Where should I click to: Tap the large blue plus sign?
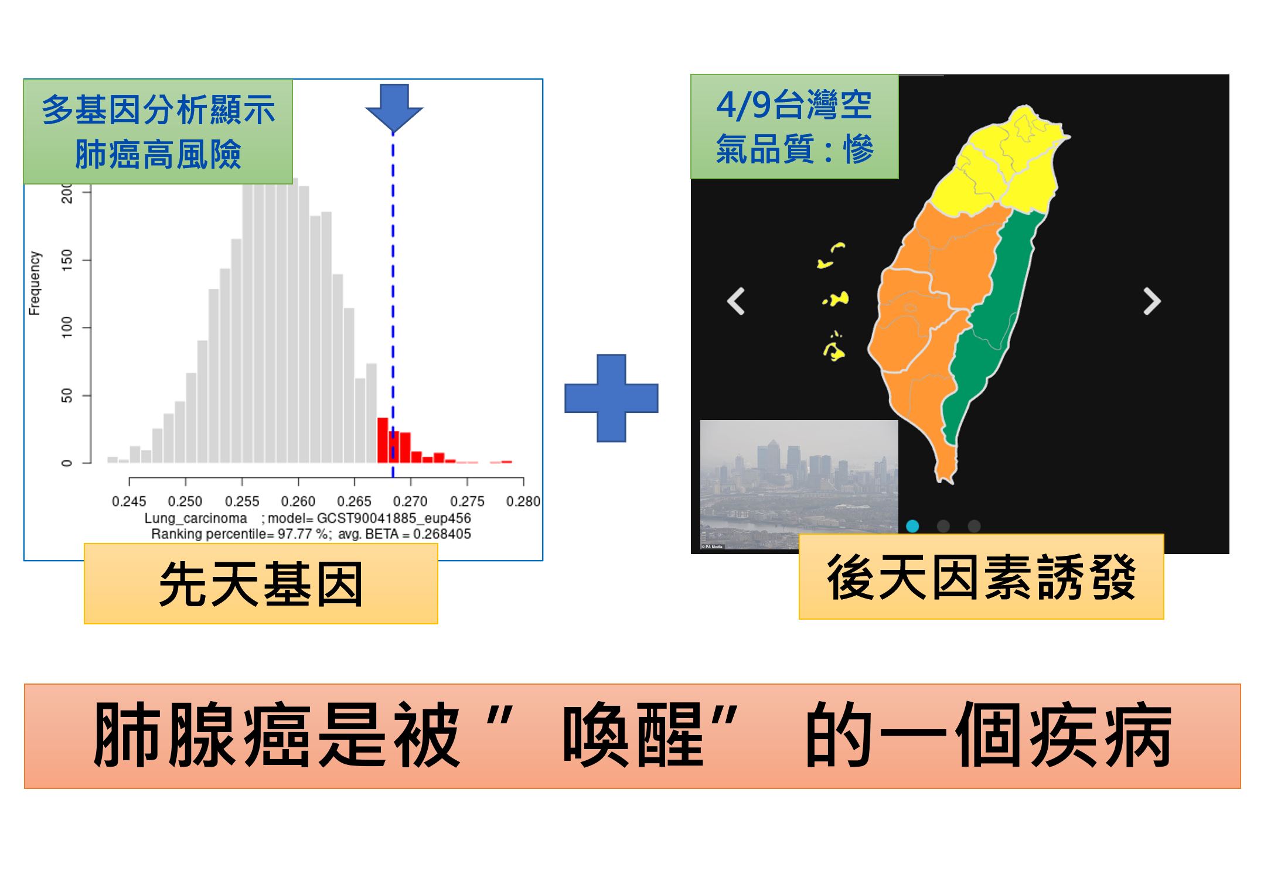(611, 398)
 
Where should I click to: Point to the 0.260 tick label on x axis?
(298, 501)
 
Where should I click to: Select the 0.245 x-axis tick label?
(129, 501)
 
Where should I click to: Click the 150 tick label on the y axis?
(67, 259)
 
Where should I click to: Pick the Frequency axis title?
(35, 283)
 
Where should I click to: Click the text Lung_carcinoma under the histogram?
(196, 518)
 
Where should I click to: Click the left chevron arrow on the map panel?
(736, 301)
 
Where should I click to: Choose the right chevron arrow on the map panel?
(1152, 301)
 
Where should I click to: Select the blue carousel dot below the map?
(912, 526)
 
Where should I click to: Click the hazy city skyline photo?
(799, 485)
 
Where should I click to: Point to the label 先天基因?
(261, 583)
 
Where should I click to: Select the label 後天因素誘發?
(981, 576)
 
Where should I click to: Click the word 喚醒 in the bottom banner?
(633, 736)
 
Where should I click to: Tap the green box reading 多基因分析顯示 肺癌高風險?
(158, 132)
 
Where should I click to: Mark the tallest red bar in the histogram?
(383, 440)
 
